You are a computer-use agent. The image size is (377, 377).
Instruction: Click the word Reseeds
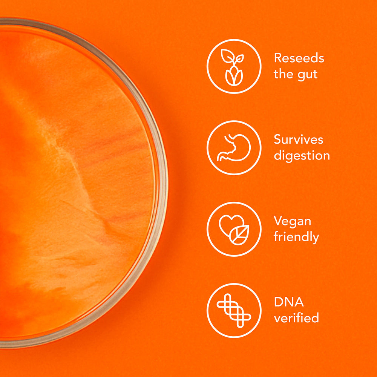[x=299, y=58]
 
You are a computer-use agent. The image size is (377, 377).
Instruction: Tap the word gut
[x=308, y=75]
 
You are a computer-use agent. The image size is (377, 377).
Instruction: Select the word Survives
[x=298, y=139]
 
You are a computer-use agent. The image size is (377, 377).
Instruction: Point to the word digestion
[x=302, y=156]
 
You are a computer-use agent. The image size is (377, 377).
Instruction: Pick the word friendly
[x=296, y=237]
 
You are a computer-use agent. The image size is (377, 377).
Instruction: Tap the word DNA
[x=289, y=302]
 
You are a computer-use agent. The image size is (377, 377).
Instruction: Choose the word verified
[x=296, y=317]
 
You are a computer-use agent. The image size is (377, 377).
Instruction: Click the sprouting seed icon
[x=233, y=67]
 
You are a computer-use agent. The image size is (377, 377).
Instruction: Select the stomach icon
[x=234, y=148]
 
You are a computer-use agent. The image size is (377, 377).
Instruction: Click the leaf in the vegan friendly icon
[x=239, y=235]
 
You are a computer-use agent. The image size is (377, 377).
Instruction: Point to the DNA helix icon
[x=234, y=311]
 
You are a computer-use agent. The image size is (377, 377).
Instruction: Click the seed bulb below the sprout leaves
[x=234, y=76]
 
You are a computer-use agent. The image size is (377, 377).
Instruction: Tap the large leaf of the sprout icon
[x=227, y=56]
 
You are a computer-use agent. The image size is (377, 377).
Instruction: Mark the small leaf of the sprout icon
[x=239, y=58]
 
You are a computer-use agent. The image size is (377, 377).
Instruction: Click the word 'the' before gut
[x=284, y=74]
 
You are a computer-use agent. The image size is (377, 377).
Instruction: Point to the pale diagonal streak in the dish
[x=72, y=168]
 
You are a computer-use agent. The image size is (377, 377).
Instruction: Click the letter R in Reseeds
[x=278, y=58]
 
